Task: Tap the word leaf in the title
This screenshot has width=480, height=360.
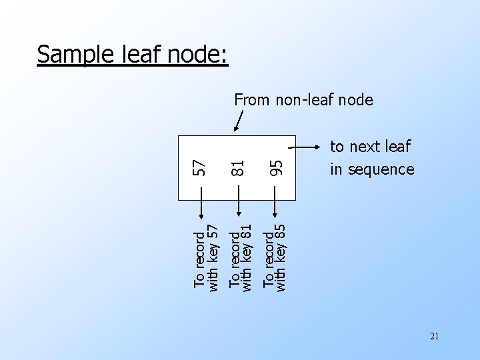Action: click(137, 54)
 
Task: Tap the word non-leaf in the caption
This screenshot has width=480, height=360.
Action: click(303, 100)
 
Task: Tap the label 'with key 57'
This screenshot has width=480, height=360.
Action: click(214, 257)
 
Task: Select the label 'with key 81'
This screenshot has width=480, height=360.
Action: click(247, 257)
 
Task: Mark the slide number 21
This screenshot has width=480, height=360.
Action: click(434, 337)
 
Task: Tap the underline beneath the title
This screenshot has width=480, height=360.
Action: click(133, 65)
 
